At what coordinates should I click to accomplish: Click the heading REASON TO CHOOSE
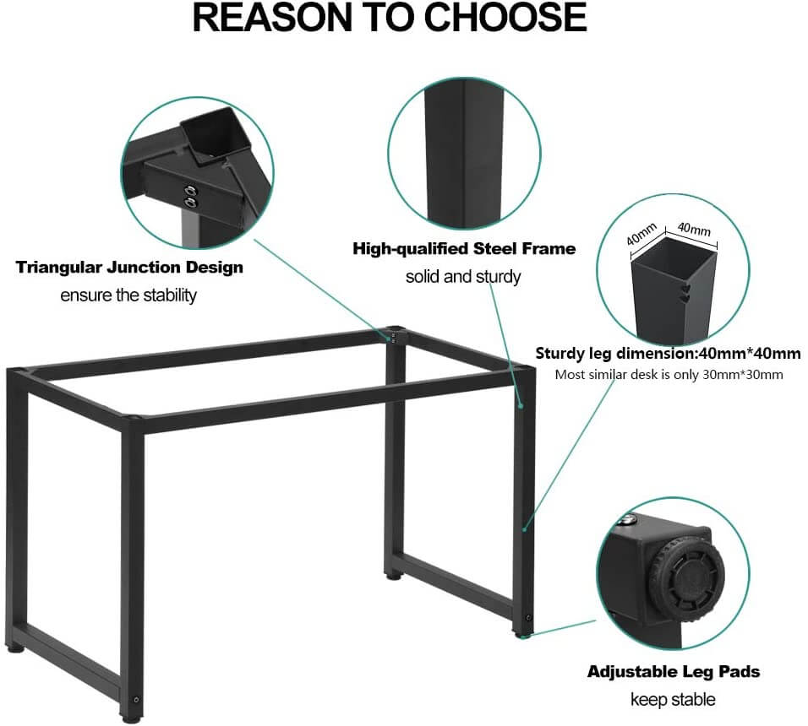pyautogui.click(x=390, y=19)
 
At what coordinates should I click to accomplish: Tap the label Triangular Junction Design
pyautogui.click(x=129, y=268)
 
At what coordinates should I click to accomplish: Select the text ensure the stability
pyautogui.click(x=128, y=295)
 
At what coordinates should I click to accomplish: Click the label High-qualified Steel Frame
pyautogui.click(x=464, y=248)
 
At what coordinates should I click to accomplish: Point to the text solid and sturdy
pyautogui.click(x=463, y=276)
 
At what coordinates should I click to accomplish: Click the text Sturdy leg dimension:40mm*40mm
pyautogui.click(x=668, y=353)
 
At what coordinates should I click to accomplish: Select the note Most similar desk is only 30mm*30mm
pyautogui.click(x=668, y=374)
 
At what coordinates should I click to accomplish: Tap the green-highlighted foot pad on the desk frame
pyautogui.click(x=523, y=634)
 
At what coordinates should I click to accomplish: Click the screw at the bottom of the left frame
pyautogui.click(x=136, y=700)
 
